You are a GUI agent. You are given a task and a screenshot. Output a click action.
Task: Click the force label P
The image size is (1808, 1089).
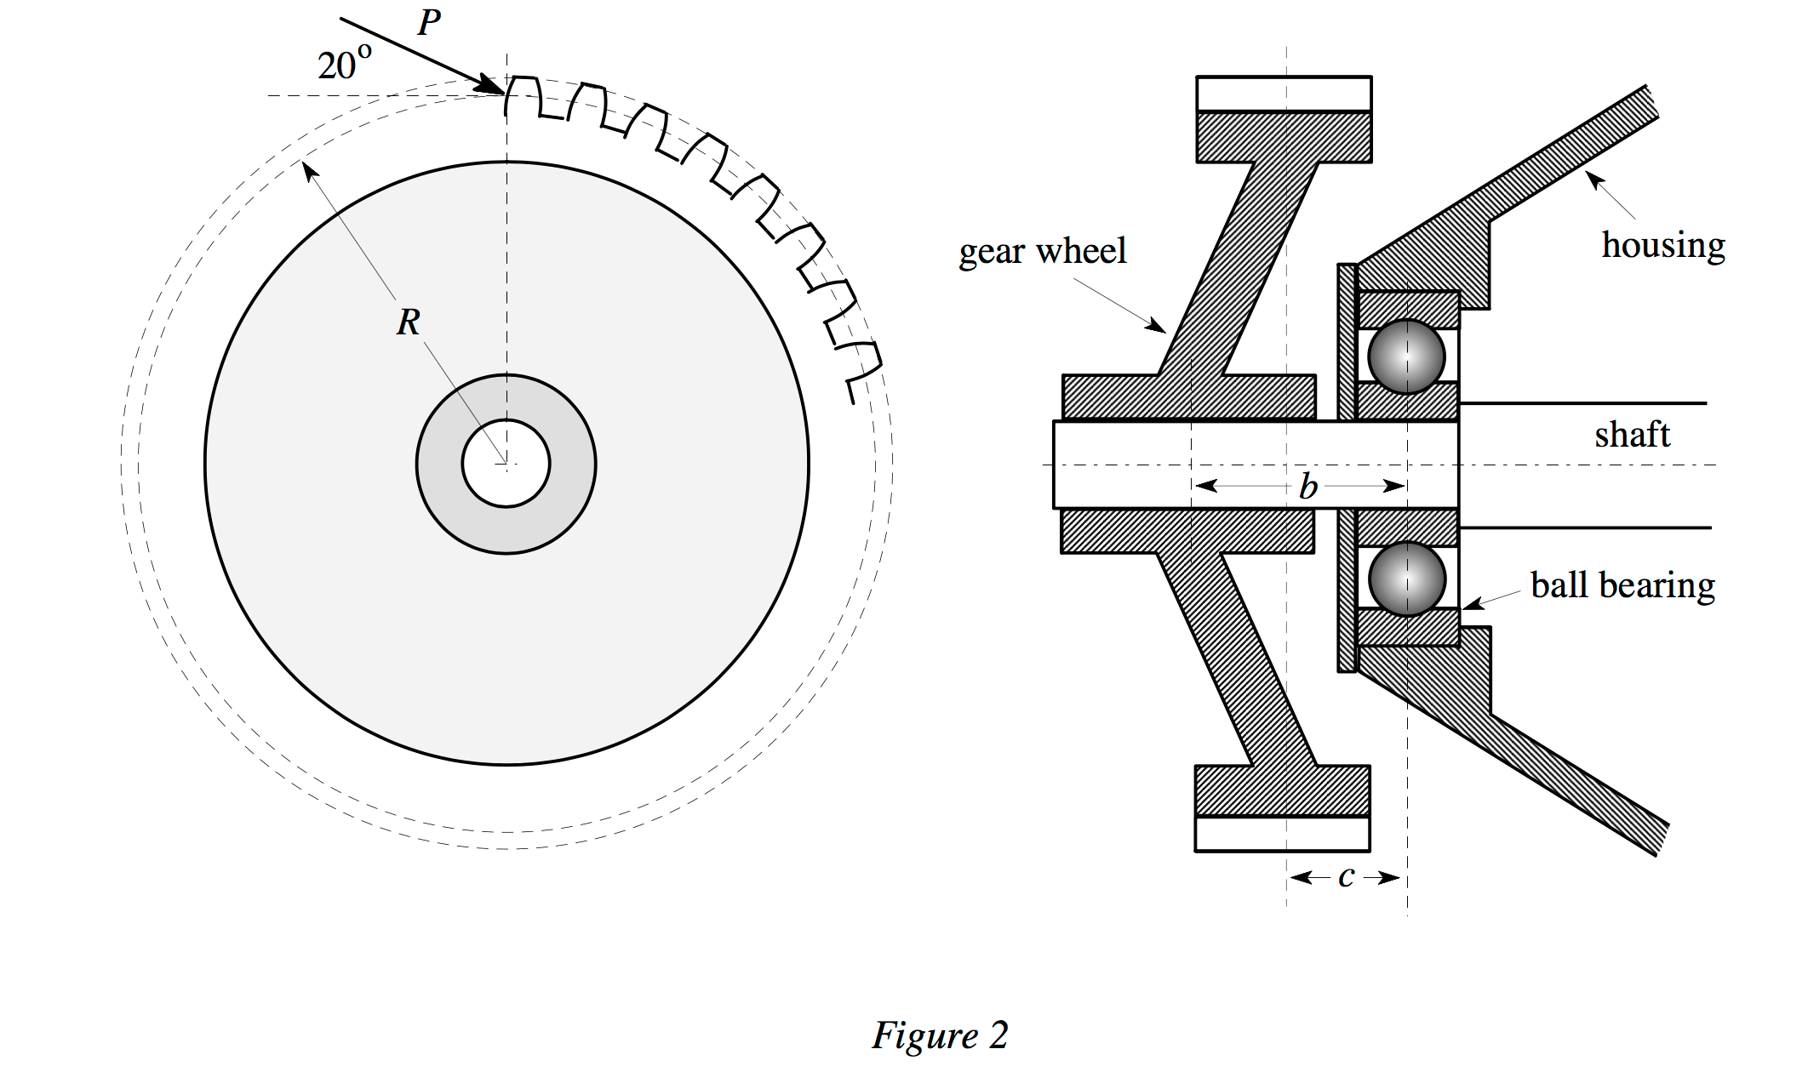[430, 23]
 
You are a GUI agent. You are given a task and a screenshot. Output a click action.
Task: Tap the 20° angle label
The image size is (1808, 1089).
[344, 64]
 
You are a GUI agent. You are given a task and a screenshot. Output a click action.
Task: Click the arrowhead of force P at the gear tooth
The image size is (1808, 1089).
[494, 87]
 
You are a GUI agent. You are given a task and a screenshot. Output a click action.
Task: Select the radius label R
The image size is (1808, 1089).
[408, 322]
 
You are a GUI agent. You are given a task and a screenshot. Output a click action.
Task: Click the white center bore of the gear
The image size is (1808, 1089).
[506, 464]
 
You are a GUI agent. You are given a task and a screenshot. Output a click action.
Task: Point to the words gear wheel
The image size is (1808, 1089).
[1042, 251]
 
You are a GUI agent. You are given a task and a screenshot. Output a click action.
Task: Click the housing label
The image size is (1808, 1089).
[1662, 245]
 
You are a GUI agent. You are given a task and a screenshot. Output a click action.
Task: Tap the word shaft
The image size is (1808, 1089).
[1632, 435]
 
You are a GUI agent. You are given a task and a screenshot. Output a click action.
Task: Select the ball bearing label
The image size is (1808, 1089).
[1622, 585]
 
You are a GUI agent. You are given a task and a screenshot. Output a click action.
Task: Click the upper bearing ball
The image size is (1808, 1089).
[1406, 356]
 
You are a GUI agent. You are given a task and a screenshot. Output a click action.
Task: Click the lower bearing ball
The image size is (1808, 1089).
[1406, 579]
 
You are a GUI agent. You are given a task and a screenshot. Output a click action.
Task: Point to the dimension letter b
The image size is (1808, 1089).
[1308, 487]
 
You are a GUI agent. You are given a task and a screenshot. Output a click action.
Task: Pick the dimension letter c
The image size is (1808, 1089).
[1346, 876]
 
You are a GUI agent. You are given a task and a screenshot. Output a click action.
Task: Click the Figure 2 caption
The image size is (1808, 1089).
[940, 1035]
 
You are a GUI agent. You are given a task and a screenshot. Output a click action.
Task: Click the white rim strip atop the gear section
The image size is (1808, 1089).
[1284, 94]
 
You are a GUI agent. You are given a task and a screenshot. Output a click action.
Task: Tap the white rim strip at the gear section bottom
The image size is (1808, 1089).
[1282, 834]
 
